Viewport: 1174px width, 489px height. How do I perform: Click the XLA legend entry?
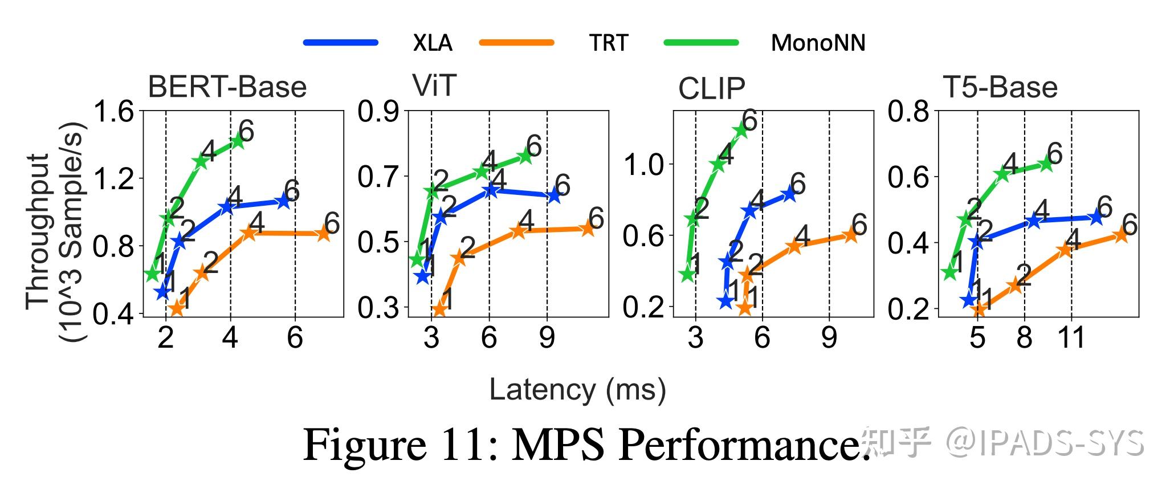point(433,43)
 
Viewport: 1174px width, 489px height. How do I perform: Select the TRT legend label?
point(609,43)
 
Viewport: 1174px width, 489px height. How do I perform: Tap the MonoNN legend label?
point(818,43)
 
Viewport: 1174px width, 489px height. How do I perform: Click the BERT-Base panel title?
point(227,87)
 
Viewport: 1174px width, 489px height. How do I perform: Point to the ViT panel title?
point(434,86)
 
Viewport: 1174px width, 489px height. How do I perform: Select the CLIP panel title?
point(711,88)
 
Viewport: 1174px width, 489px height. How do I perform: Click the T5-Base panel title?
point(1000,87)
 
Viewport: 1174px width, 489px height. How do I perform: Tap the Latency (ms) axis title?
point(577,390)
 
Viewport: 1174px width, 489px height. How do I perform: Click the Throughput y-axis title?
point(56,231)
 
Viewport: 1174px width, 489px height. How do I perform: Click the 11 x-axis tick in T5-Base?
point(1071,338)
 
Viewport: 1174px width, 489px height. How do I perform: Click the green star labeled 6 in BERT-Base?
point(238,141)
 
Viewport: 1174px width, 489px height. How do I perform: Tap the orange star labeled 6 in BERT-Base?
point(323,233)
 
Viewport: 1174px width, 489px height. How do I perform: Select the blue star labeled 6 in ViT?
point(553,195)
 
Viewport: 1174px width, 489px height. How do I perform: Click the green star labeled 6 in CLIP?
point(741,129)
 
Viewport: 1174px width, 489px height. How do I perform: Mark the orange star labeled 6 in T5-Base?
point(1120,234)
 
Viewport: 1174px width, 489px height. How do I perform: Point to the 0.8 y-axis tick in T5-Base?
point(908,112)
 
